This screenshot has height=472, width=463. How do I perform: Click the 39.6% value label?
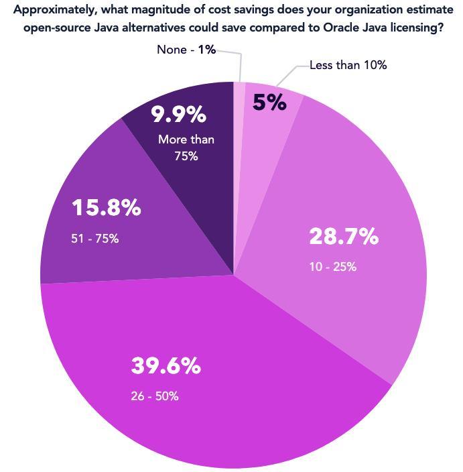166,366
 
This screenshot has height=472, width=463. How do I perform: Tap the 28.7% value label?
344,237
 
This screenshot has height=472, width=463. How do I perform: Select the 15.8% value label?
106,208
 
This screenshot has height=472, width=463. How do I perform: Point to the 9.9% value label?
178,115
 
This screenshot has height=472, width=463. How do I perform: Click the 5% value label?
269,103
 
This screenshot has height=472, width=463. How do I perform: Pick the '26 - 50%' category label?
155,396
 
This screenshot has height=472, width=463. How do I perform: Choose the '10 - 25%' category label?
332,267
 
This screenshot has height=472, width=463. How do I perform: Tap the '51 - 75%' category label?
94,238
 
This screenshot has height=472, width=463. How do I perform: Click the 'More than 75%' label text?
186,147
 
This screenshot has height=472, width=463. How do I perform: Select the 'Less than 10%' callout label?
348,65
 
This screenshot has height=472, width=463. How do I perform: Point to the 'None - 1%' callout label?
186,50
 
